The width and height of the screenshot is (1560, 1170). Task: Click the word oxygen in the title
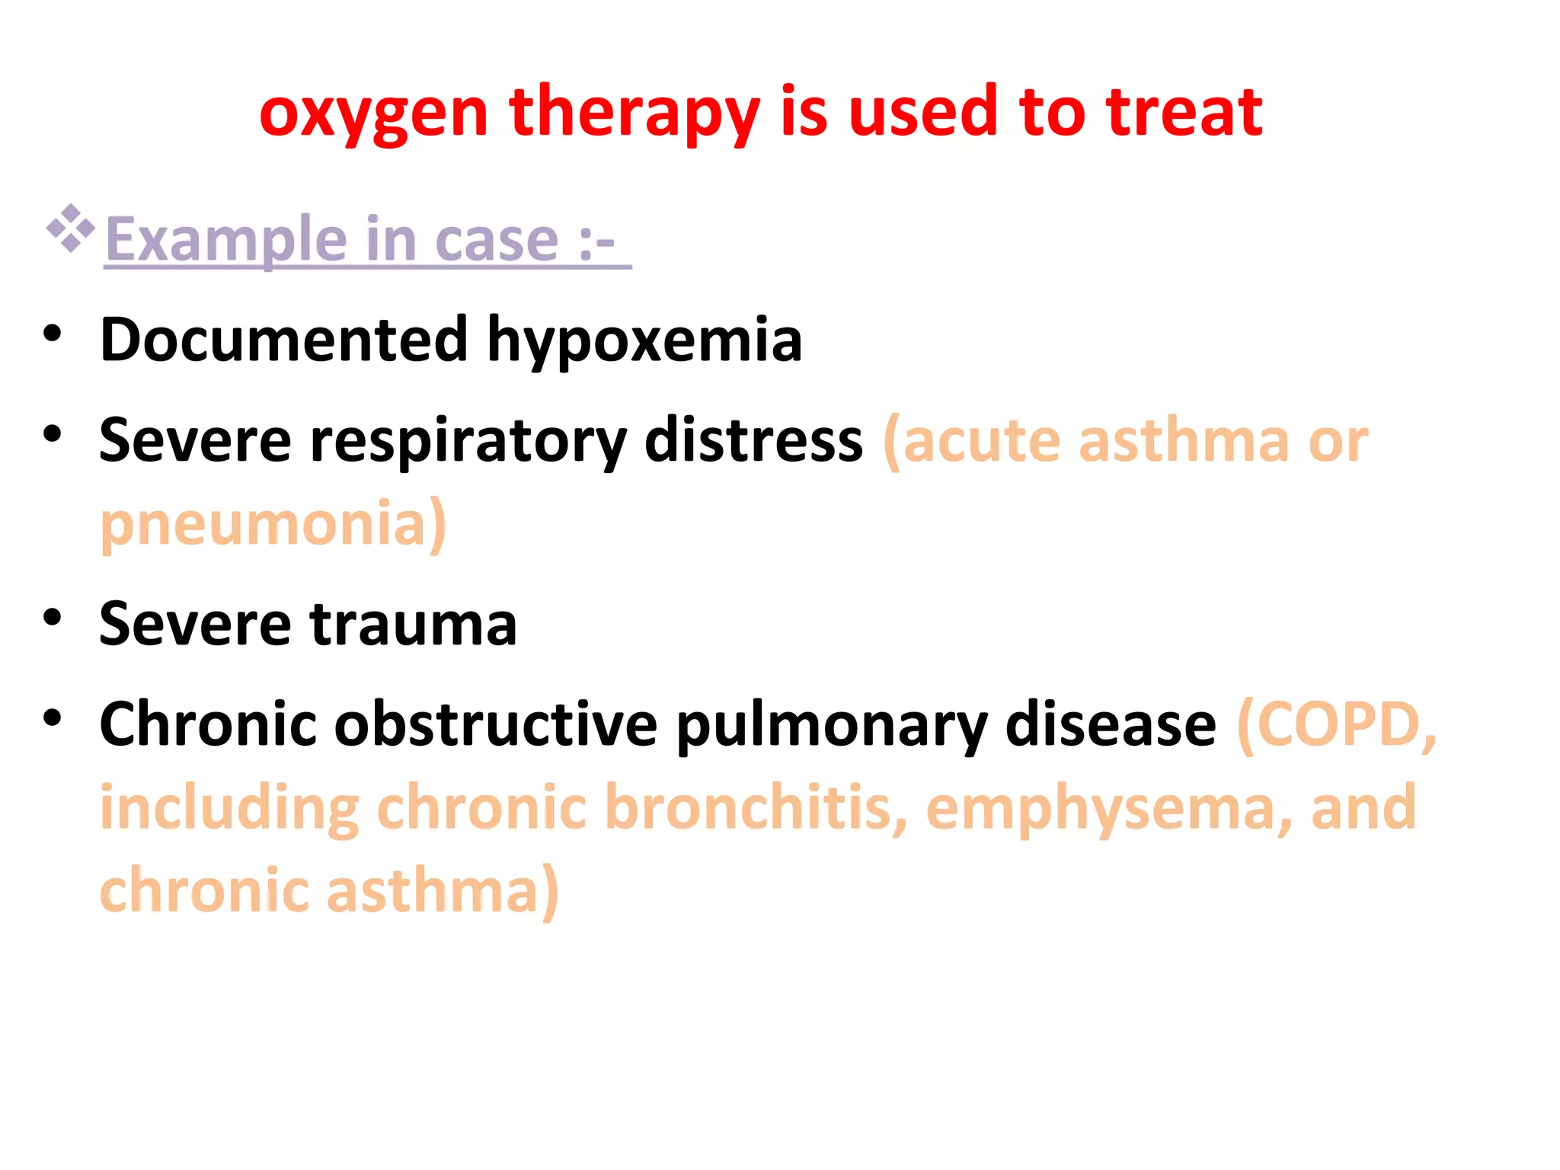(373, 114)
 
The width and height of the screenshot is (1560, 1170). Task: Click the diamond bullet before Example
(70, 228)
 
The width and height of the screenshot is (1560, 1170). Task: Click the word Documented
(283, 340)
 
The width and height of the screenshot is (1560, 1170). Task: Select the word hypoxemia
(644, 341)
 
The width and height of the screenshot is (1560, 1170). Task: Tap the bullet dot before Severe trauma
(52, 618)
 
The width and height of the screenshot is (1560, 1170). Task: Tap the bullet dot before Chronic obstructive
(52, 718)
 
